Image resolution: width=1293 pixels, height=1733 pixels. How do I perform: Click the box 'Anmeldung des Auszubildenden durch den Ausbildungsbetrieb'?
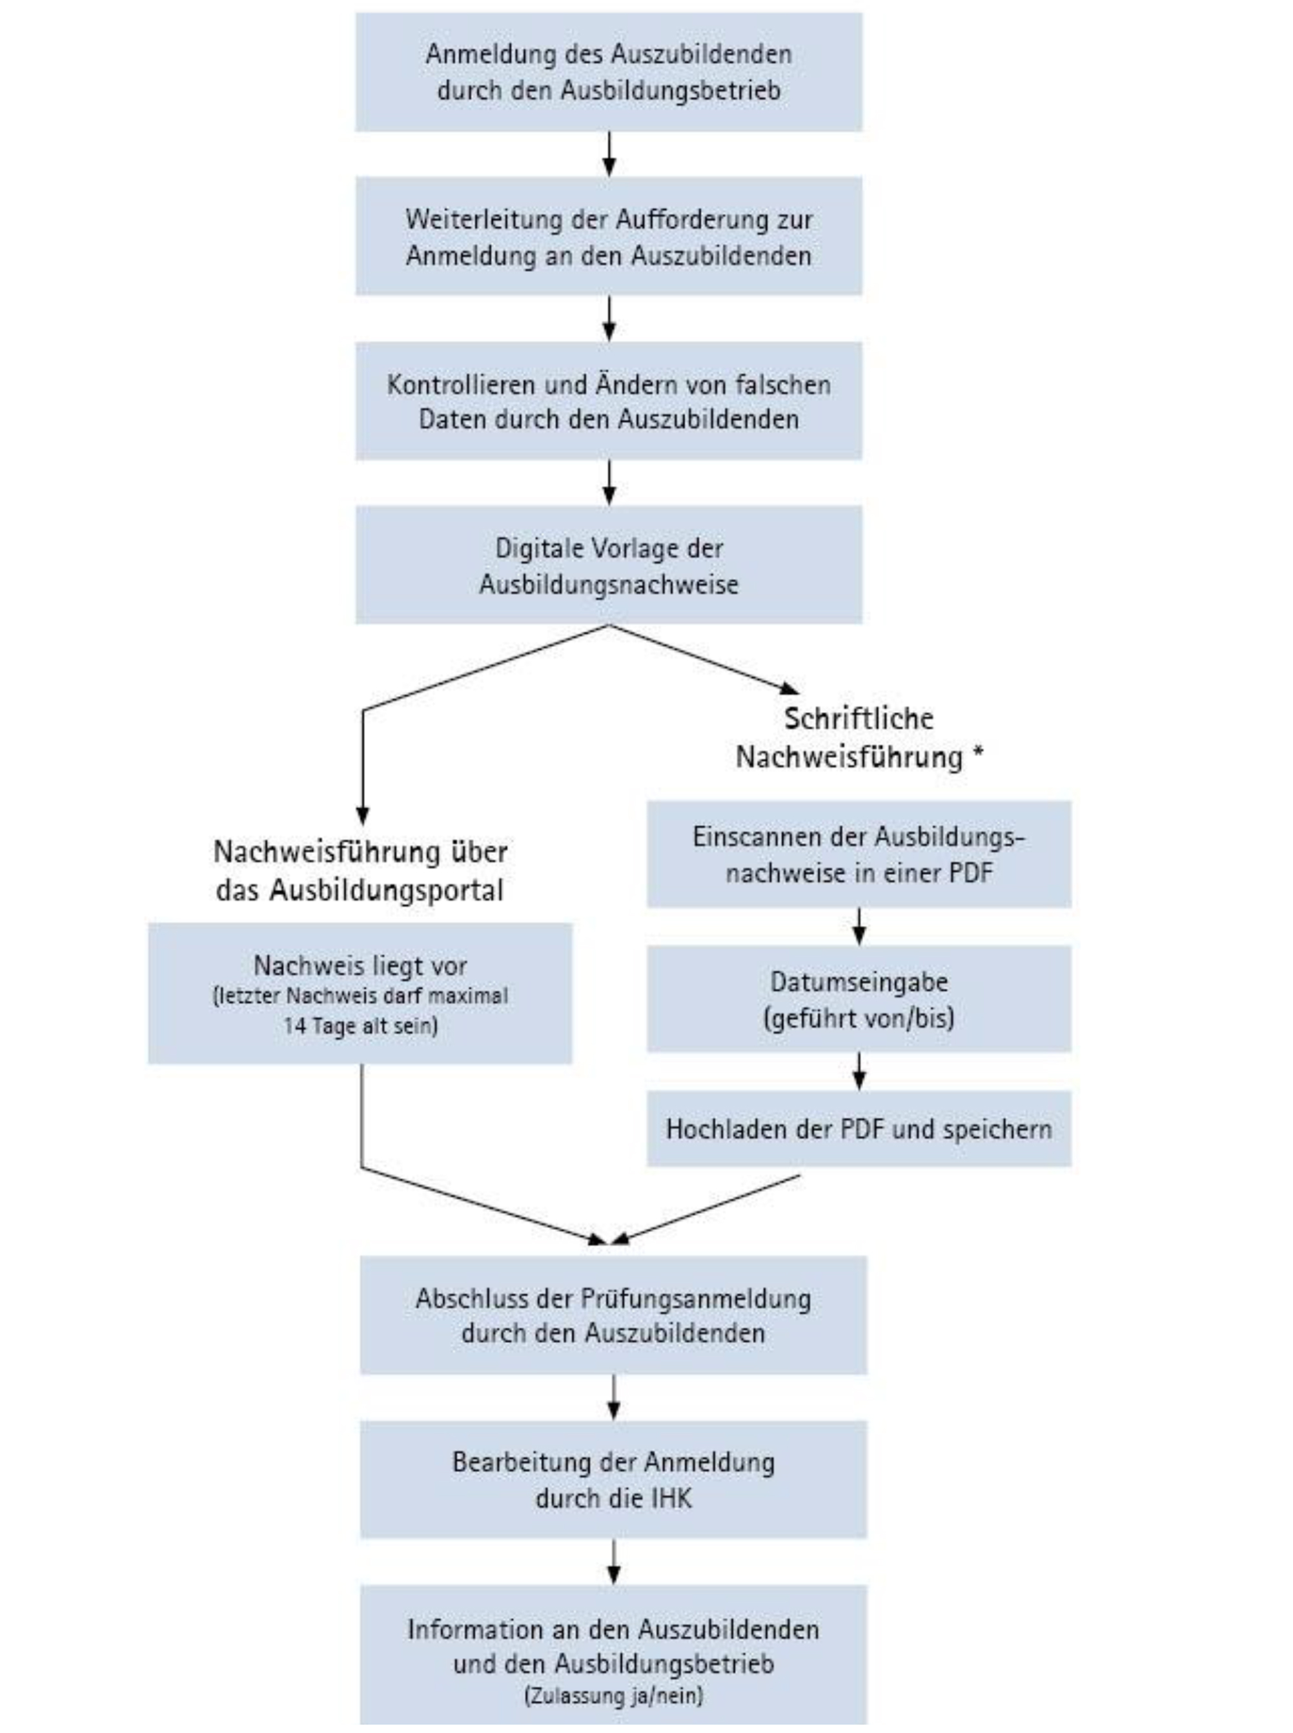coord(608,72)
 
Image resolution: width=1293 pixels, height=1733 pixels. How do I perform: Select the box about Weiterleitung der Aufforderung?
coord(608,236)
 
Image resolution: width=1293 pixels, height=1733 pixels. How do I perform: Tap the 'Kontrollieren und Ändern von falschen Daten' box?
coord(608,401)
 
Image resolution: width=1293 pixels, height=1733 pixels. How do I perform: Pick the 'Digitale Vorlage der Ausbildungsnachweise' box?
coord(608,565)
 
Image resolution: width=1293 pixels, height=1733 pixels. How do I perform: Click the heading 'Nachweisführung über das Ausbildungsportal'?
coord(360,870)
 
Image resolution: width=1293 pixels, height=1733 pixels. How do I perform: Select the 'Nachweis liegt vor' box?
coord(360,993)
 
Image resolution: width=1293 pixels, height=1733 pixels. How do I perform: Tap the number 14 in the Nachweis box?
coord(296,1025)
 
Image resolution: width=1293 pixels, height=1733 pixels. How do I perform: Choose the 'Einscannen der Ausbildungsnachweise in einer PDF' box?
coord(859,854)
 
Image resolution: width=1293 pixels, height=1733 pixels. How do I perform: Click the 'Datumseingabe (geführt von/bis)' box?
coord(859,999)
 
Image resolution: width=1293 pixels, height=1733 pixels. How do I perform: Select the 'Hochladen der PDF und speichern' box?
coord(859,1129)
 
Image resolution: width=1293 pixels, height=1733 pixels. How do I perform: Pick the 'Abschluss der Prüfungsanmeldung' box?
coord(614,1316)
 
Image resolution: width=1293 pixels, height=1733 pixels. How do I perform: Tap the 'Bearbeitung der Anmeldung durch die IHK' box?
coord(614,1480)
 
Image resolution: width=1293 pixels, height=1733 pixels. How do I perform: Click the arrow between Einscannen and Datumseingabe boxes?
coord(859,927)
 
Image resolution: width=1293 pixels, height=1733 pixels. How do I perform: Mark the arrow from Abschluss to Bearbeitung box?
coord(614,1398)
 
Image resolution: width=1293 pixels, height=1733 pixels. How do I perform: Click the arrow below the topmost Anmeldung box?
coord(609,154)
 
